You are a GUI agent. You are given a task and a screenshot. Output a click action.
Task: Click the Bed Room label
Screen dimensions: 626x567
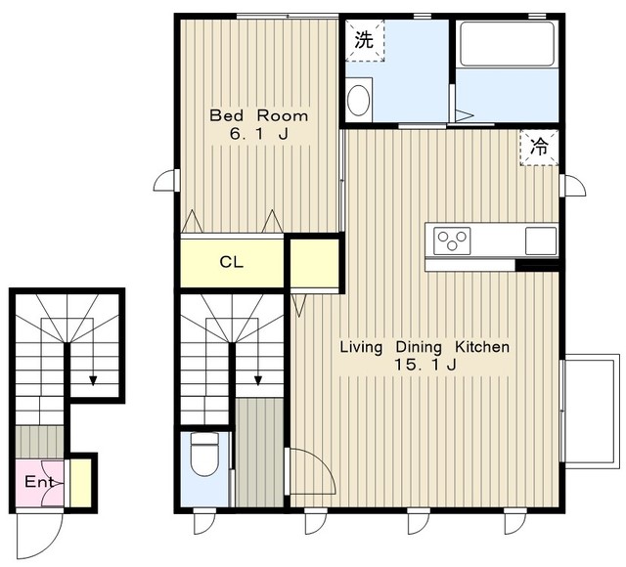point(258,115)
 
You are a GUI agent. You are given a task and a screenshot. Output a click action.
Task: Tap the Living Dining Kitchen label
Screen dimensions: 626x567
point(425,347)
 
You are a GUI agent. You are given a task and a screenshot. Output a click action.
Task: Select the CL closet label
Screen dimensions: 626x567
point(231,262)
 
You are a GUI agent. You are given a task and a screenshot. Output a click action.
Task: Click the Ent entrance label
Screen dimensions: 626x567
point(39,482)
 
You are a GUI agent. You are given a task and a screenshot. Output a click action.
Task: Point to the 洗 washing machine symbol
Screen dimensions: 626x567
point(365,40)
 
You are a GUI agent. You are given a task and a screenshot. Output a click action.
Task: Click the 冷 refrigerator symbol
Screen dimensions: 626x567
point(539,147)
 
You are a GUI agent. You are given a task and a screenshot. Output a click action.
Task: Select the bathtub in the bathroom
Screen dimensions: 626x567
point(507,44)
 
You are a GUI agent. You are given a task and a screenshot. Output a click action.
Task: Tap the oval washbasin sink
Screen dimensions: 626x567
point(358,100)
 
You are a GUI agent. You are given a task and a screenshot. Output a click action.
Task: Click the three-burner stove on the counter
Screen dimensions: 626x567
point(452,240)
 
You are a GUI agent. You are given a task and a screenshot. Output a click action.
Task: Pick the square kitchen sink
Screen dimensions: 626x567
point(541,240)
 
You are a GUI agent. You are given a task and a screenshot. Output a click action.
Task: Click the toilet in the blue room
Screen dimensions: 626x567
point(204,454)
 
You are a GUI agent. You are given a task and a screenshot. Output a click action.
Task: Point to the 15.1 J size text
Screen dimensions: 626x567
point(425,365)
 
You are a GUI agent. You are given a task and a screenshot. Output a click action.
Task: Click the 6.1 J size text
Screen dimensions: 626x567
point(258,134)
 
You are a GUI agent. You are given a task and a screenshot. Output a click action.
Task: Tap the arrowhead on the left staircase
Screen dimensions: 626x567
point(93,380)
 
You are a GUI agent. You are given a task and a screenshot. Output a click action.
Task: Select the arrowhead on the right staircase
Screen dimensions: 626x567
point(258,380)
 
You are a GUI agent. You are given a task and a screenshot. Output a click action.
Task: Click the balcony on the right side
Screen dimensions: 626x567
point(590,411)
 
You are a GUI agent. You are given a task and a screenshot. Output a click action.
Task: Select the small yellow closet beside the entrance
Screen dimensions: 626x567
point(80,483)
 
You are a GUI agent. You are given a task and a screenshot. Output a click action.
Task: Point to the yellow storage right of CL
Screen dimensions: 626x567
point(315,263)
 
